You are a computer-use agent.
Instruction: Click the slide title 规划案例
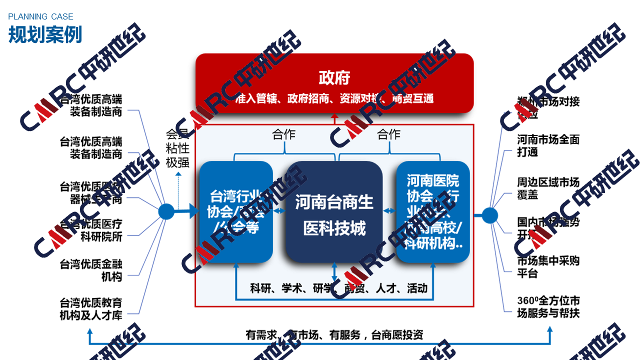pyautogui.click(x=45, y=34)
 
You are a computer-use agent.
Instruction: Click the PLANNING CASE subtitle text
pyautogui.click(x=40, y=17)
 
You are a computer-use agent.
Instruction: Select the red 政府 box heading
pyautogui.click(x=334, y=78)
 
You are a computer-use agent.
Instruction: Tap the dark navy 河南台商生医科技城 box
pyautogui.click(x=334, y=215)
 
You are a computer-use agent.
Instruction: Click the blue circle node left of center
pyautogui.click(x=166, y=211)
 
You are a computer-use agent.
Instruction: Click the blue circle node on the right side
pyautogui.click(x=489, y=215)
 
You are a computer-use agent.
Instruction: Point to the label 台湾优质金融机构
pyautogui.click(x=91, y=269)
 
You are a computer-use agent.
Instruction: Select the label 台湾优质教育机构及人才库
pyautogui.click(x=91, y=309)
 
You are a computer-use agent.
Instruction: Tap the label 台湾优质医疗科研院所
pyautogui.click(x=91, y=230)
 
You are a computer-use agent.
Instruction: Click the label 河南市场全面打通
pyautogui.click(x=548, y=145)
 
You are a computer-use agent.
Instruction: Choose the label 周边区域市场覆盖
pyautogui.click(x=548, y=188)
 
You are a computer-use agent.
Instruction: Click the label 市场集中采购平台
pyautogui.click(x=548, y=266)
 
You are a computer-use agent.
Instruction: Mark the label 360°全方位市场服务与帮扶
pyautogui.click(x=548, y=307)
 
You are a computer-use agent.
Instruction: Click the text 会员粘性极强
pyautogui.click(x=177, y=148)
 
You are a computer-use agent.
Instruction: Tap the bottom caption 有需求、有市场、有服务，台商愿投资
pyautogui.click(x=334, y=335)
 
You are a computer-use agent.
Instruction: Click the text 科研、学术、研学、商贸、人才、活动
pyautogui.click(x=338, y=288)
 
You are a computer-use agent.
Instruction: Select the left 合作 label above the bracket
pyautogui.click(x=283, y=134)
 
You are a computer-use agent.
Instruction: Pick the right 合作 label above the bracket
pyautogui.click(x=388, y=134)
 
